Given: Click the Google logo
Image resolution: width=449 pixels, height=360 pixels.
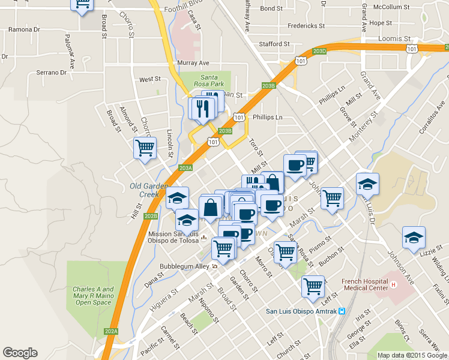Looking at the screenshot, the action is pos(20,353).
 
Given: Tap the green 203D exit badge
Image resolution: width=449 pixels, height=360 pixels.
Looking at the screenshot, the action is pos(319,51).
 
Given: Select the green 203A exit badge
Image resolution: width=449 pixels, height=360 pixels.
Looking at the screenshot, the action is pos(185,168).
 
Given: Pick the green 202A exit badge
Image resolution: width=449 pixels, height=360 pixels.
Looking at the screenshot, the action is pos(111,331).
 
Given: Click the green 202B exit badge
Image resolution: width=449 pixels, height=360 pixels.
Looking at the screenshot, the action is pos(151,216).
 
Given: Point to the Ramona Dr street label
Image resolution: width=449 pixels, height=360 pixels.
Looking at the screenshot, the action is pos(24,29).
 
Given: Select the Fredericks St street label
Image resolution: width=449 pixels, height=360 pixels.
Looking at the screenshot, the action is pos(306,26).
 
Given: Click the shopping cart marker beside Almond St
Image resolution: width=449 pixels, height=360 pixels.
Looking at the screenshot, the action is pos(145,148).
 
